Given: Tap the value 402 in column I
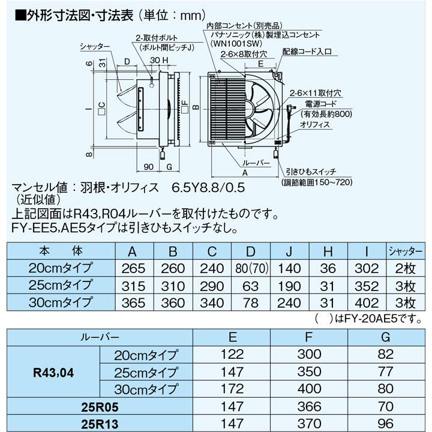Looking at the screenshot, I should (x=366, y=302).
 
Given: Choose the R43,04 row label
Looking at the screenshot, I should (x=54, y=373).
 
